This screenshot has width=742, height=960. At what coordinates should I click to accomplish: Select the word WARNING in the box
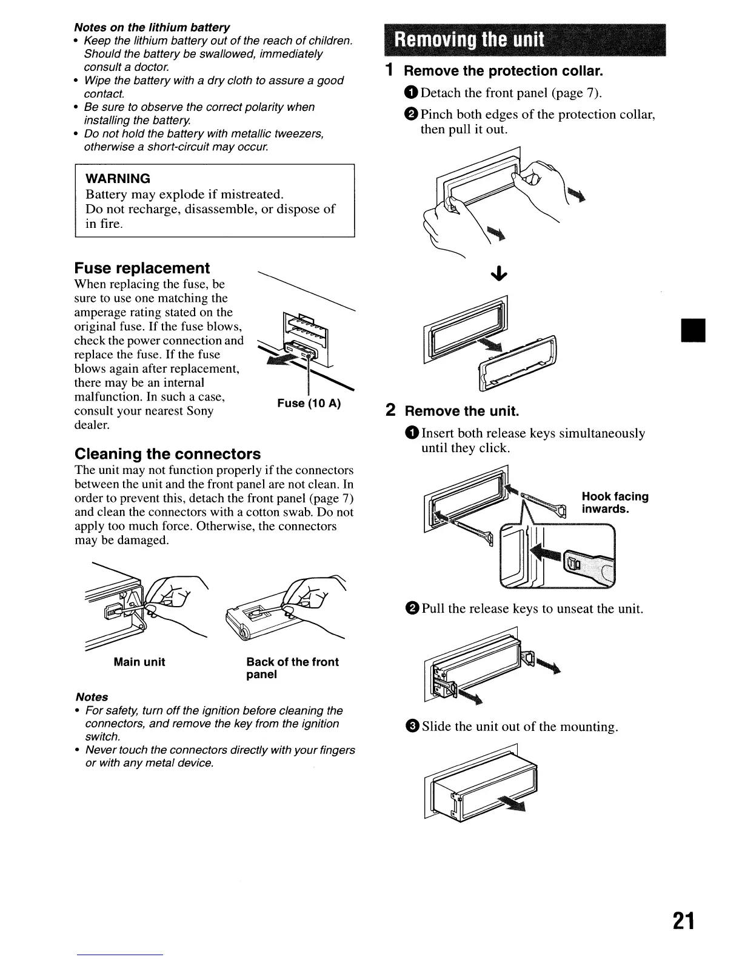pyautogui.click(x=118, y=179)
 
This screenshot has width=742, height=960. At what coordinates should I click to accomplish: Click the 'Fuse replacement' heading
pyautogui.click(x=142, y=268)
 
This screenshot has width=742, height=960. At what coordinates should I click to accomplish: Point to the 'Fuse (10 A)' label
pyautogui.click(x=309, y=404)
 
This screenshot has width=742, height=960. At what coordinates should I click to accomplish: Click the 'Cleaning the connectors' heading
pyautogui.click(x=167, y=454)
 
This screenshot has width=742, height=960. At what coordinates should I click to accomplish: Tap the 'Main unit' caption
pyautogui.click(x=139, y=662)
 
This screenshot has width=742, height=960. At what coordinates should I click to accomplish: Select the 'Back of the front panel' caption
pyautogui.click(x=292, y=668)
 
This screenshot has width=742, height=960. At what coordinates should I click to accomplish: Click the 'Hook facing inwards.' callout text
pyautogui.click(x=615, y=502)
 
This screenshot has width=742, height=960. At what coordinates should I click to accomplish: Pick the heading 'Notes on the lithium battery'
pyautogui.click(x=152, y=28)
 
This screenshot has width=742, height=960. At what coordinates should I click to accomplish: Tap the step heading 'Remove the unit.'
pyautogui.click(x=462, y=412)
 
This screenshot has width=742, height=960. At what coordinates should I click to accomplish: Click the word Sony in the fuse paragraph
pyautogui.click(x=199, y=411)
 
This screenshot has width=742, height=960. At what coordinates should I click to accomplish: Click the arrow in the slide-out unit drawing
pyautogui.click(x=513, y=803)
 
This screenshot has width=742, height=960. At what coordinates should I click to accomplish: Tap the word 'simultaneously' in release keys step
pyautogui.click(x=602, y=433)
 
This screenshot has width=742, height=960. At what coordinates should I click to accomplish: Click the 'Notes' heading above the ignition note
pyautogui.click(x=92, y=697)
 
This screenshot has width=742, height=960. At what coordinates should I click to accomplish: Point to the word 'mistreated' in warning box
pyautogui.click(x=252, y=195)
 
